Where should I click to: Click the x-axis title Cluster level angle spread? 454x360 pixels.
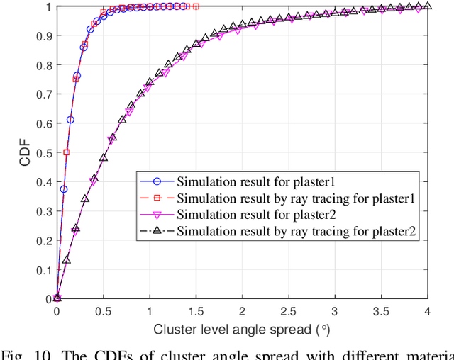point(242,329)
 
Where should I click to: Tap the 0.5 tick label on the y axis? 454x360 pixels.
point(44,152)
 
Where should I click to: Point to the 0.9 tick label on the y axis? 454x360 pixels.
point(44,35)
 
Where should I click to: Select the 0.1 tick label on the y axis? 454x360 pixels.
point(44,269)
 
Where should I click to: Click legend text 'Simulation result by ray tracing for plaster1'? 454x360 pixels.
point(296,197)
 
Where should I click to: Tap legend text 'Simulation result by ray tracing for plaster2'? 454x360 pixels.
point(296,231)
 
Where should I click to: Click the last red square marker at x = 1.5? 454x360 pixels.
point(196,6)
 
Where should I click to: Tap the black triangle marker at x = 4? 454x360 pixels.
point(427,6)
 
